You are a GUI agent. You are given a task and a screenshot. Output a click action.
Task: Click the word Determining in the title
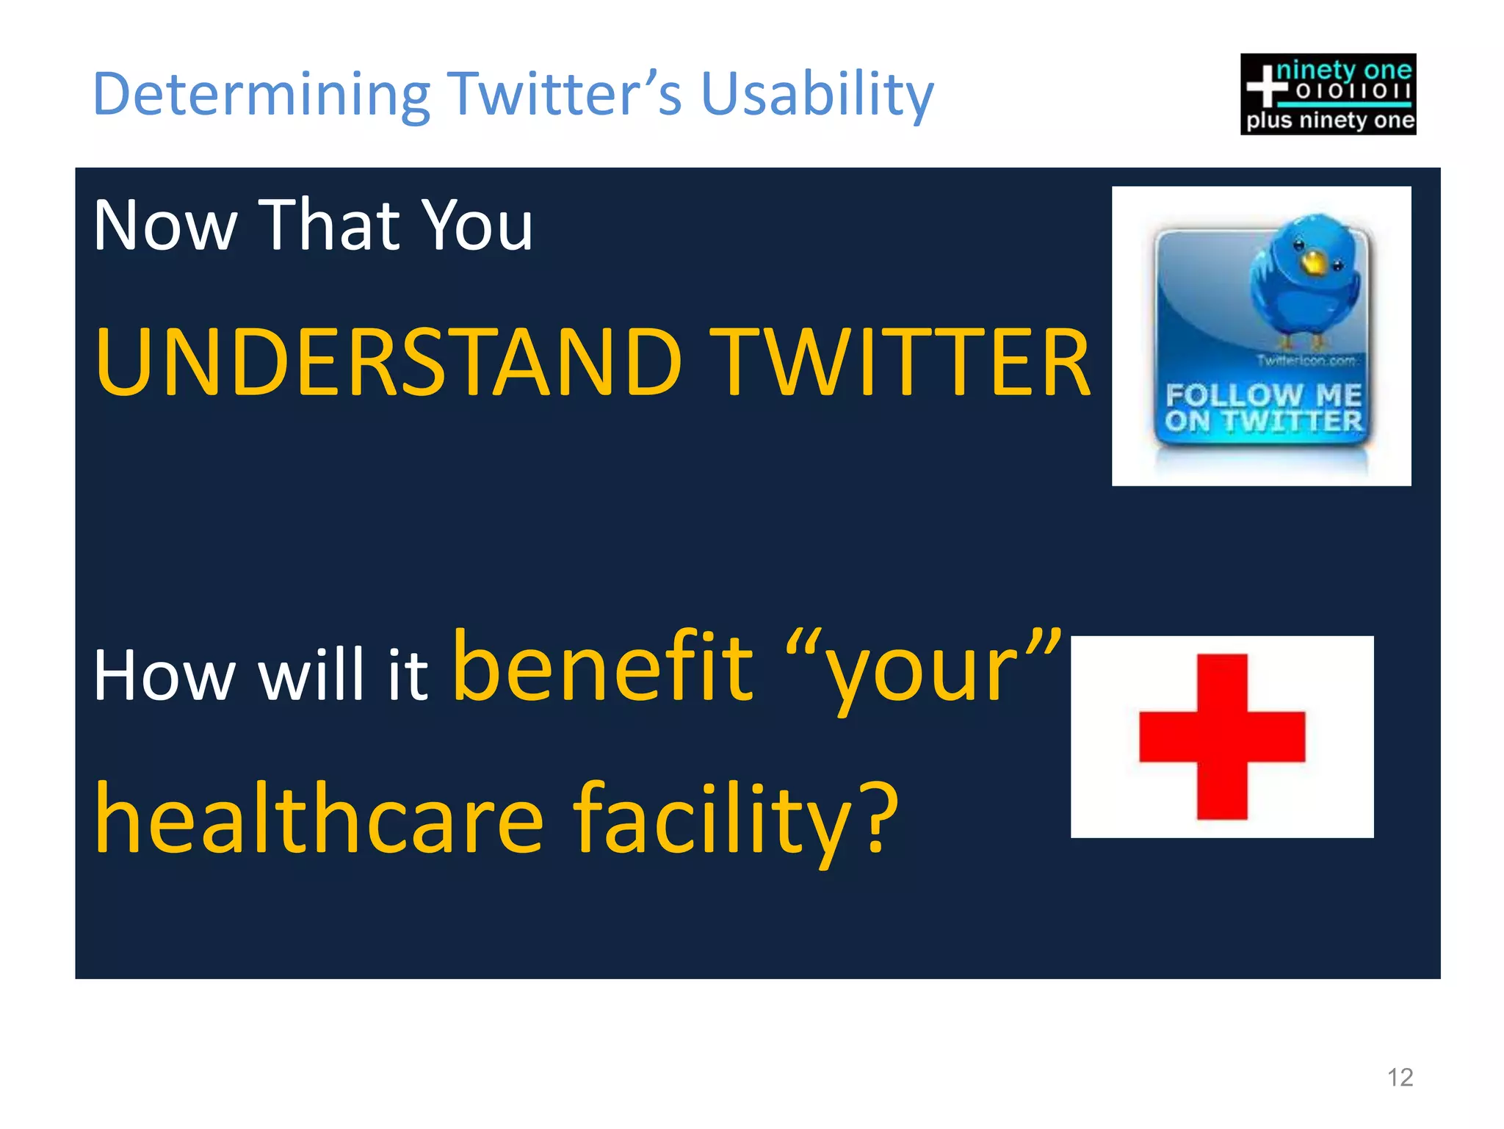(261, 95)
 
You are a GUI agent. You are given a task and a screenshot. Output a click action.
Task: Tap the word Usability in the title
(817, 95)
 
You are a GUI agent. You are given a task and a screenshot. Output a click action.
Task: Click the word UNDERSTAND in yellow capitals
(389, 363)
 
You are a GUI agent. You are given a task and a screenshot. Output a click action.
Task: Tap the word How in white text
(164, 676)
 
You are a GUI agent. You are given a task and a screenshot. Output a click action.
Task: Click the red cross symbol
(1222, 737)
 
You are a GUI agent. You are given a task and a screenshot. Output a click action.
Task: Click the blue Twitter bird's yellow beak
(1312, 261)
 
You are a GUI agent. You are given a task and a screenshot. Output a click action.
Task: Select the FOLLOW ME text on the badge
(1263, 394)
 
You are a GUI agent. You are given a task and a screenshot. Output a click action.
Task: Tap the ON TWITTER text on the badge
(1263, 422)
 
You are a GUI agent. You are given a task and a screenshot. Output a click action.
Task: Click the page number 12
(1400, 1078)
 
